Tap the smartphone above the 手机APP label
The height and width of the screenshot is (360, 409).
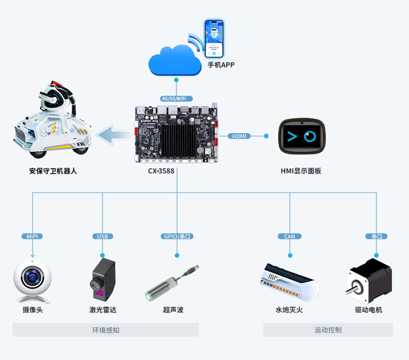(x=215, y=39)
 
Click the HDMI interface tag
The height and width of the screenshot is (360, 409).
(x=239, y=136)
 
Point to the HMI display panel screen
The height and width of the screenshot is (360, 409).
(x=303, y=136)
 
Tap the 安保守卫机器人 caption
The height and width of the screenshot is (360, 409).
(x=53, y=171)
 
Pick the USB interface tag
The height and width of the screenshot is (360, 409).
(x=103, y=236)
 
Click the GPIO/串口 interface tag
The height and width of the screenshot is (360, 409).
(x=177, y=236)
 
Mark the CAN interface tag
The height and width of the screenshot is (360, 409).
(x=290, y=236)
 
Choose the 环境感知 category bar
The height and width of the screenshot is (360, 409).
(x=106, y=330)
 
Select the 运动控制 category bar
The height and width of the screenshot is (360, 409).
(x=328, y=330)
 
